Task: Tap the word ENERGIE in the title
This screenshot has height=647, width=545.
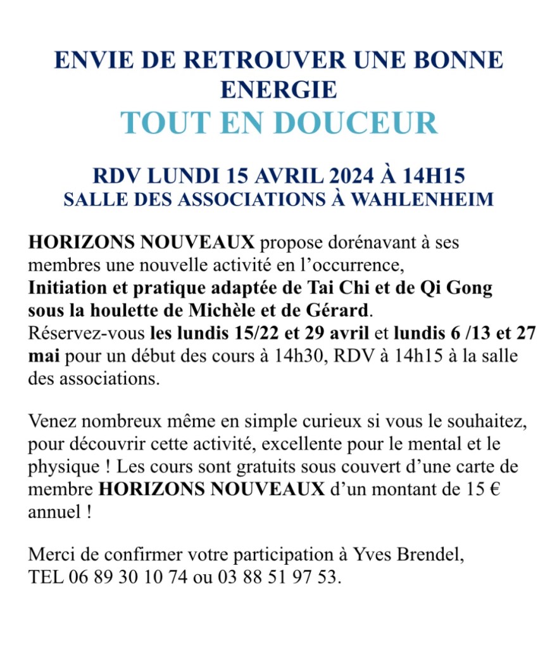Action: pos(279,89)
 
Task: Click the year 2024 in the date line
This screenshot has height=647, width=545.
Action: pos(347,175)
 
